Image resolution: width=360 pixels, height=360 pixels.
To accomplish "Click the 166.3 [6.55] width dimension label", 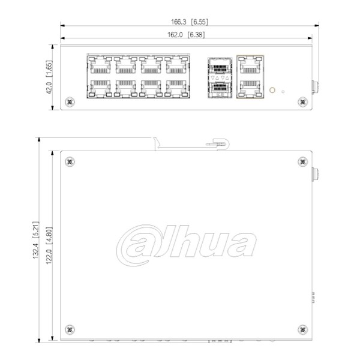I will click(x=188, y=22).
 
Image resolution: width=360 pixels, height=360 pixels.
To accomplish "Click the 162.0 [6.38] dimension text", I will click(x=186, y=35).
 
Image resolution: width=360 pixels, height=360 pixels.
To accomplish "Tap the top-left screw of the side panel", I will click(x=71, y=161).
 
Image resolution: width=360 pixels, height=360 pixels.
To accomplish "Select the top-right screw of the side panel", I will click(x=302, y=161).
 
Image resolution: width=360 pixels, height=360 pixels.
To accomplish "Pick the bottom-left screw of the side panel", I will click(x=71, y=329).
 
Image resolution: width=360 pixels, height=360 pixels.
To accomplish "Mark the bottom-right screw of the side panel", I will click(x=302, y=329).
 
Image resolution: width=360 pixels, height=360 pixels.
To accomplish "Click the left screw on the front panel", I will click(x=70, y=102).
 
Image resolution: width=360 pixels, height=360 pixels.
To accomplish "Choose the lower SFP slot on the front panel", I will click(x=220, y=88).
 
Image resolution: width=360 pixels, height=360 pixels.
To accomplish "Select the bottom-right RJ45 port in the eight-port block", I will click(x=177, y=88).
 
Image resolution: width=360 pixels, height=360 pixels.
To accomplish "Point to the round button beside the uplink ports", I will click(x=273, y=91).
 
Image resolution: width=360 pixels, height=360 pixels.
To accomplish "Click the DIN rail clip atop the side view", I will click(x=218, y=143).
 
